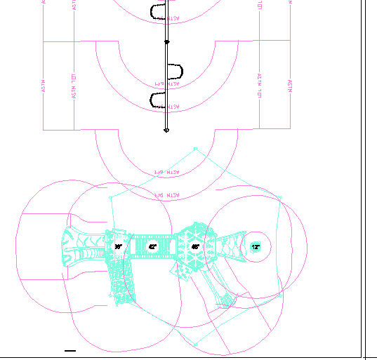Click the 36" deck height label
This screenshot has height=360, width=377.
click(x=119, y=247)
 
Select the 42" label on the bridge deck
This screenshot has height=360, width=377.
click(x=152, y=246)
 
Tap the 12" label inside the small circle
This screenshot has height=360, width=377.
click(x=256, y=247)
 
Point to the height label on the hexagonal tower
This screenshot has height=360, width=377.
click(x=195, y=247)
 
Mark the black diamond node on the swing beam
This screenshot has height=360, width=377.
click(x=166, y=42)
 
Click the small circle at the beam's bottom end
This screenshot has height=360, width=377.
click(x=166, y=131)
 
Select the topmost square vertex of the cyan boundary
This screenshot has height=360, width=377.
click(x=195, y=149)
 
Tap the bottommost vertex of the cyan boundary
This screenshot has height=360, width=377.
click(x=194, y=344)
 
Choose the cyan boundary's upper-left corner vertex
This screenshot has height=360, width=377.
click(x=110, y=199)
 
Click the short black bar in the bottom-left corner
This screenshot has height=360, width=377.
click(x=70, y=349)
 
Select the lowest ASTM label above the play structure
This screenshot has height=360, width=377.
click(x=167, y=194)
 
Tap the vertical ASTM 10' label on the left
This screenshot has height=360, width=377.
click(x=74, y=85)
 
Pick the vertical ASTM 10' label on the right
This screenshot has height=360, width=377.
click(x=259, y=85)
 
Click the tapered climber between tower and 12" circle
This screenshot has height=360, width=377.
click(x=226, y=246)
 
